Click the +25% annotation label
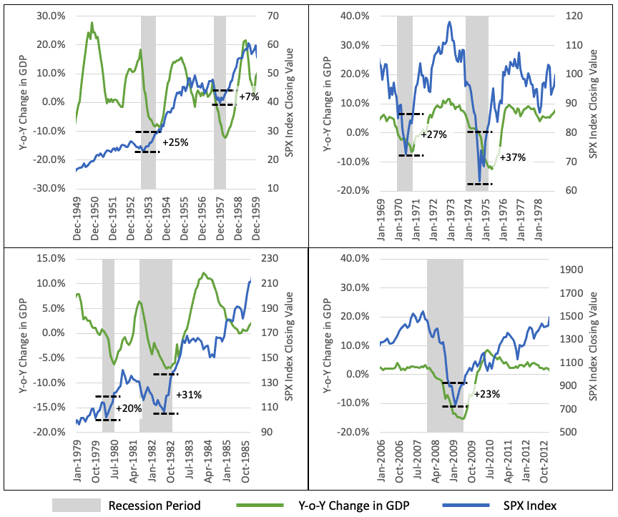[175, 142]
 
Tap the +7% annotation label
[249, 97]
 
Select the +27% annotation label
[433, 134]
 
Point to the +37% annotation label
[512, 157]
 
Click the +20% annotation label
[129, 408]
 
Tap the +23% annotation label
[486, 393]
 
